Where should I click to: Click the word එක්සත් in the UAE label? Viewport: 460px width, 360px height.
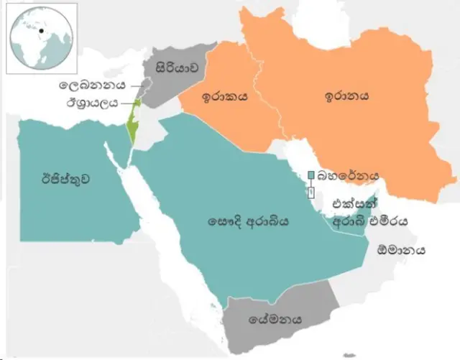point(346,204)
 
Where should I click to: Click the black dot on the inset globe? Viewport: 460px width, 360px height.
point(42,30)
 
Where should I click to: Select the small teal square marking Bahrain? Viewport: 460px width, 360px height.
point(310,175)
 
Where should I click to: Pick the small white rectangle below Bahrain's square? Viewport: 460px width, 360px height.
point(310,193)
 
